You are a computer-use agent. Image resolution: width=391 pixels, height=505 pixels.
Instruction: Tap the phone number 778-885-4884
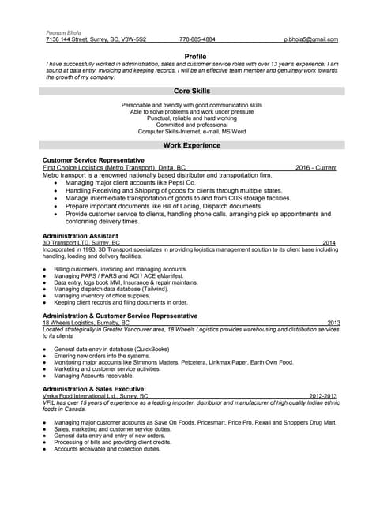click(x=197, y=39)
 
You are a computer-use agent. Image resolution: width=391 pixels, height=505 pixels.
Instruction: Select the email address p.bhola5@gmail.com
click(x=311, y=39)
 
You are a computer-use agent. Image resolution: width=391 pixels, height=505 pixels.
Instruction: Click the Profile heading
click(x=195, y=56)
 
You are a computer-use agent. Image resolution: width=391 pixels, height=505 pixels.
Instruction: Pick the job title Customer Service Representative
click(x=93, y=160)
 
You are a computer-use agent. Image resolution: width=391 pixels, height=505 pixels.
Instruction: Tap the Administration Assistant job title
click(x=81, y=235)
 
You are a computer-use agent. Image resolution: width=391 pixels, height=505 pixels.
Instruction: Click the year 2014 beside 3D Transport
click(x=329, y=243)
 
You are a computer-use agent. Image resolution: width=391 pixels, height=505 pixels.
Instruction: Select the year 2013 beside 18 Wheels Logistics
click(x=333, y=323)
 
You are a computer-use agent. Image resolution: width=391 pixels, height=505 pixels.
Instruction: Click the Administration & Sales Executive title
click(x=94, y=389)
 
